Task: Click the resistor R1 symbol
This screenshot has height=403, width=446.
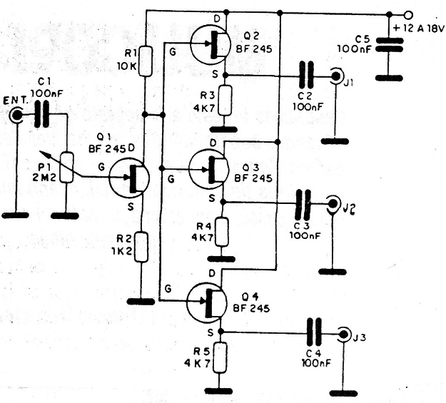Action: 145,61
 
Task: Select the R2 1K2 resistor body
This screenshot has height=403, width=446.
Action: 141,247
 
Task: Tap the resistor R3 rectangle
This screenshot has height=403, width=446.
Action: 225,100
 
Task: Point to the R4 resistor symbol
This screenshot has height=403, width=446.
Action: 222,232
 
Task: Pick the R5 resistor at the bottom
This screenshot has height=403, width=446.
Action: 221,357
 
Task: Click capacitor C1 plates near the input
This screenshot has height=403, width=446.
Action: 42,115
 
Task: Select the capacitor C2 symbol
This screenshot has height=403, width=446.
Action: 306,76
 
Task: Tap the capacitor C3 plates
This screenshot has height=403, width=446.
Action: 303,203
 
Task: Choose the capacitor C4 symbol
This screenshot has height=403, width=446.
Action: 314,332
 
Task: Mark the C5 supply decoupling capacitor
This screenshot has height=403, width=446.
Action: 390,45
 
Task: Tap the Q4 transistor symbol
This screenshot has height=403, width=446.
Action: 207,302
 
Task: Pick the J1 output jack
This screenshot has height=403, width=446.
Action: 336,76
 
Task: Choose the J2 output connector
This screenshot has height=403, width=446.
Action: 333,203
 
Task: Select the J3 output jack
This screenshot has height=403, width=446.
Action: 344,333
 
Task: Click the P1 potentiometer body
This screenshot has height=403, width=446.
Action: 67,168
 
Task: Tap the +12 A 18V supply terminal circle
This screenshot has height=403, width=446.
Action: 408,14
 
